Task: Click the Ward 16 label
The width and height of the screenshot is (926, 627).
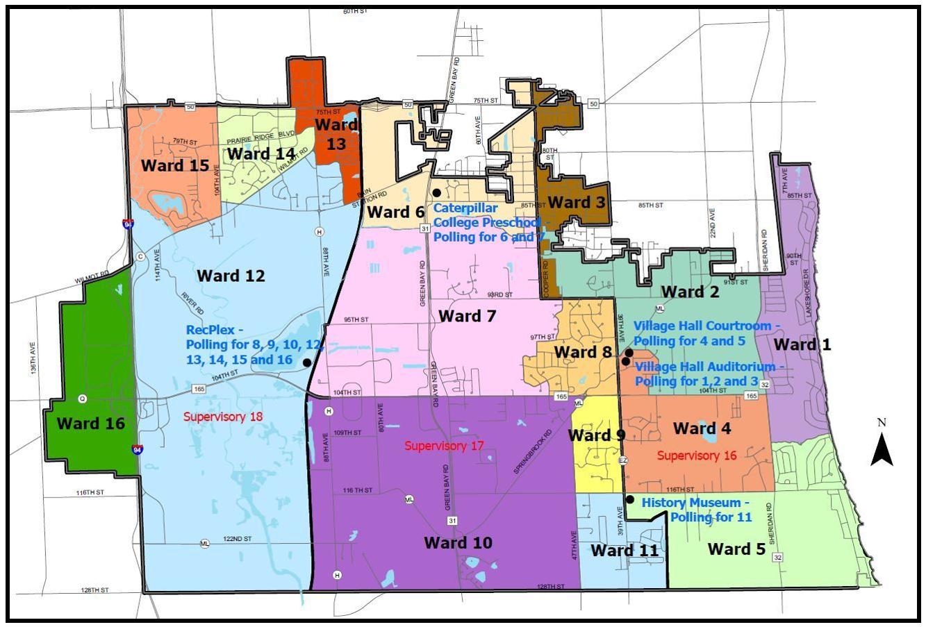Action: click(x=90, y=424)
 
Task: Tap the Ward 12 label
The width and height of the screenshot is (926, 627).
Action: click(x=231, y=276)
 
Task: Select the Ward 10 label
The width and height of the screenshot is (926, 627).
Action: click(x=458, y=542)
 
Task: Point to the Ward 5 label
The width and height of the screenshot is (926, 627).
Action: click(x=736, y=549)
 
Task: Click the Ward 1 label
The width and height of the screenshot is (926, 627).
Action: click(x=802, y=344)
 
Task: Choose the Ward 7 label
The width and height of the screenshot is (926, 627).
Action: click(x=468, y=317)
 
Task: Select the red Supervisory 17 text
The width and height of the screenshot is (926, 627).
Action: click(x=445, y=446)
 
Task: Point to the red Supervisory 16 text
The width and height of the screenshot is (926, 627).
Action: click(x=697, y=455)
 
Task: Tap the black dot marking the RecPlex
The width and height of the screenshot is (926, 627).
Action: click(x=306, y=362)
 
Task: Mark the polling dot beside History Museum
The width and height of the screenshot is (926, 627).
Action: click(x=629, y=499)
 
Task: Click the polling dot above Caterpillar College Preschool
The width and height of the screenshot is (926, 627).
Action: click(x=436, y=192)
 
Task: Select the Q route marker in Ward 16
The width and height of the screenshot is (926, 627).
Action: click(x=82, y=399)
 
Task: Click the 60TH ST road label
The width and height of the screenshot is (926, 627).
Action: click(x=354, y=12)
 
